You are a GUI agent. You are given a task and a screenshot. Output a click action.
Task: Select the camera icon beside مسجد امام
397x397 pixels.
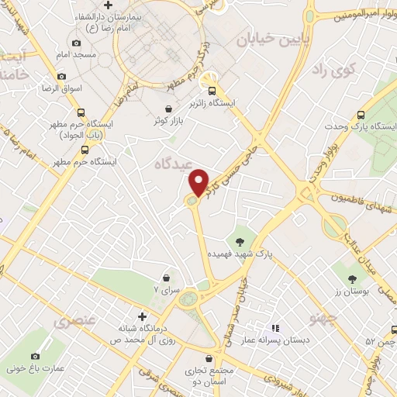point(75,43)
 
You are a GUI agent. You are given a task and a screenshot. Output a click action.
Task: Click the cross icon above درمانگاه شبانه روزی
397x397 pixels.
point(141,316)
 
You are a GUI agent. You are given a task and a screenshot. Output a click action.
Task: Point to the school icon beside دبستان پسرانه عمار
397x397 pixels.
point(274,327)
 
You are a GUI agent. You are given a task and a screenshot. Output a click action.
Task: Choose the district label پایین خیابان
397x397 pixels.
point(264,37)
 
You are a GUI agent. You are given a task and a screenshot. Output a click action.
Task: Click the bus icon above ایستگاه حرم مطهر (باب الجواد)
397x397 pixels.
point(82,112)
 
